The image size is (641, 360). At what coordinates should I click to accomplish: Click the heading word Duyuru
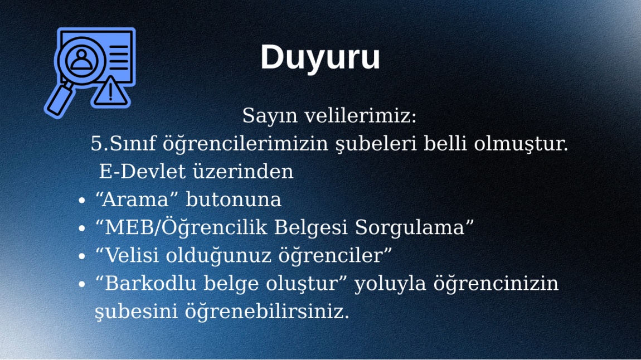[320, 57]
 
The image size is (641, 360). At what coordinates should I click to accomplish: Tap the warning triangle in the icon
[110, 91]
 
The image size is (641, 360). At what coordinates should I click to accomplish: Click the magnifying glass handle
[60, 100]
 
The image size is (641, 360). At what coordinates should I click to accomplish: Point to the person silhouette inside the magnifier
[82, 60]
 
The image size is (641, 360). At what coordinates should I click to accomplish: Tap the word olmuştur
[521, 144]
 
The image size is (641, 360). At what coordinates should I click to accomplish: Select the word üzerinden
[243, 171]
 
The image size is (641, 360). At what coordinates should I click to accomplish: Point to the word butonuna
[234, 200]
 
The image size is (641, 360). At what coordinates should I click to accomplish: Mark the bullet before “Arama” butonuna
[82, 200]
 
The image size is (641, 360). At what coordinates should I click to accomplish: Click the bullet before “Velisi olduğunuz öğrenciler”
[82, 256]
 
